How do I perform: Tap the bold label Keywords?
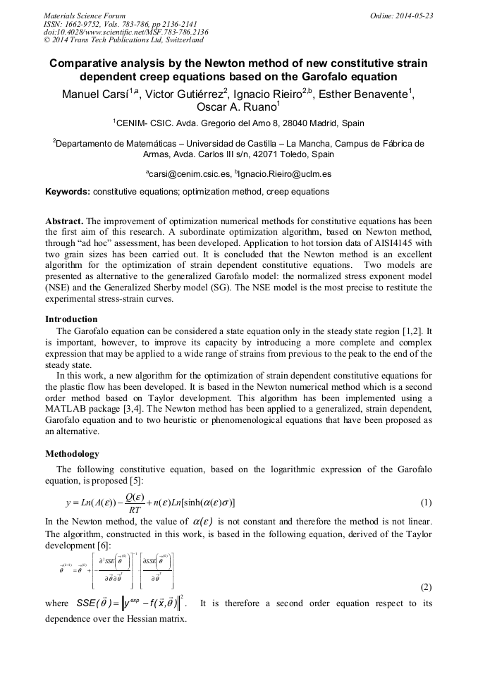[68, 191]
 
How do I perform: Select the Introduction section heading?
[71, 319]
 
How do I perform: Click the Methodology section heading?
[72, 453]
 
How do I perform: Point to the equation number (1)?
[426, 503]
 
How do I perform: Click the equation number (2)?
[426, 586]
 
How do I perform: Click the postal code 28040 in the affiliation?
[280, 123]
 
